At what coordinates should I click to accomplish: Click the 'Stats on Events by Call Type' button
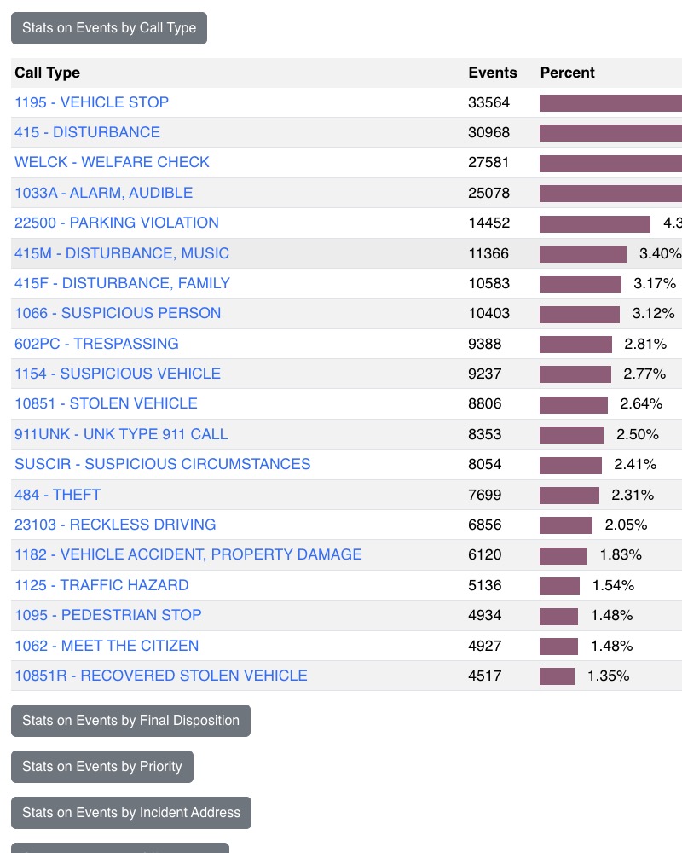(x=109, y=28)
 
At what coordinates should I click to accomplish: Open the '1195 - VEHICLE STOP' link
(x=91, y=102)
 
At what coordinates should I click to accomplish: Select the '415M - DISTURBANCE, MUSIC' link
(x=122, y=253)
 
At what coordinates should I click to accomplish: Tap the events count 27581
(x=488, y=162)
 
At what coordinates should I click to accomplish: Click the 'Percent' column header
(x=567, y=73)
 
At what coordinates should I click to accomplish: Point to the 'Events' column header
(x=493, y=73)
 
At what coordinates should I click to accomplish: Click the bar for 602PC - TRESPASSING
(x=575, y=344)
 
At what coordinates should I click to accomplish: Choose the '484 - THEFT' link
(x=57, y=495)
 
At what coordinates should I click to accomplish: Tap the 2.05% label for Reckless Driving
(x=626, y=525)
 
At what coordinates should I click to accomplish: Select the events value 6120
(x=484, y=554)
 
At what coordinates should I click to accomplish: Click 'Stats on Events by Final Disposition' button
(x=130, y=721)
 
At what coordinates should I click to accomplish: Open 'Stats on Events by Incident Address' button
(x=131, y=813)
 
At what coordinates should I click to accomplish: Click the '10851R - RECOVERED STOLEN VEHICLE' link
(x=160, y=676)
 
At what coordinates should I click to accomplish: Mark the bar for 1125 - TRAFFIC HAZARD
(x=559, y=585)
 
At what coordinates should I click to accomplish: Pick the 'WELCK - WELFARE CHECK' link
(x=112, y=162)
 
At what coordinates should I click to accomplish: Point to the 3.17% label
(x=654, y=283)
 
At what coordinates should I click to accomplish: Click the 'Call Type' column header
(x=47, y=73)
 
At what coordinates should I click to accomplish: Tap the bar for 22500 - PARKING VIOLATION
(x=595, y=223)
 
